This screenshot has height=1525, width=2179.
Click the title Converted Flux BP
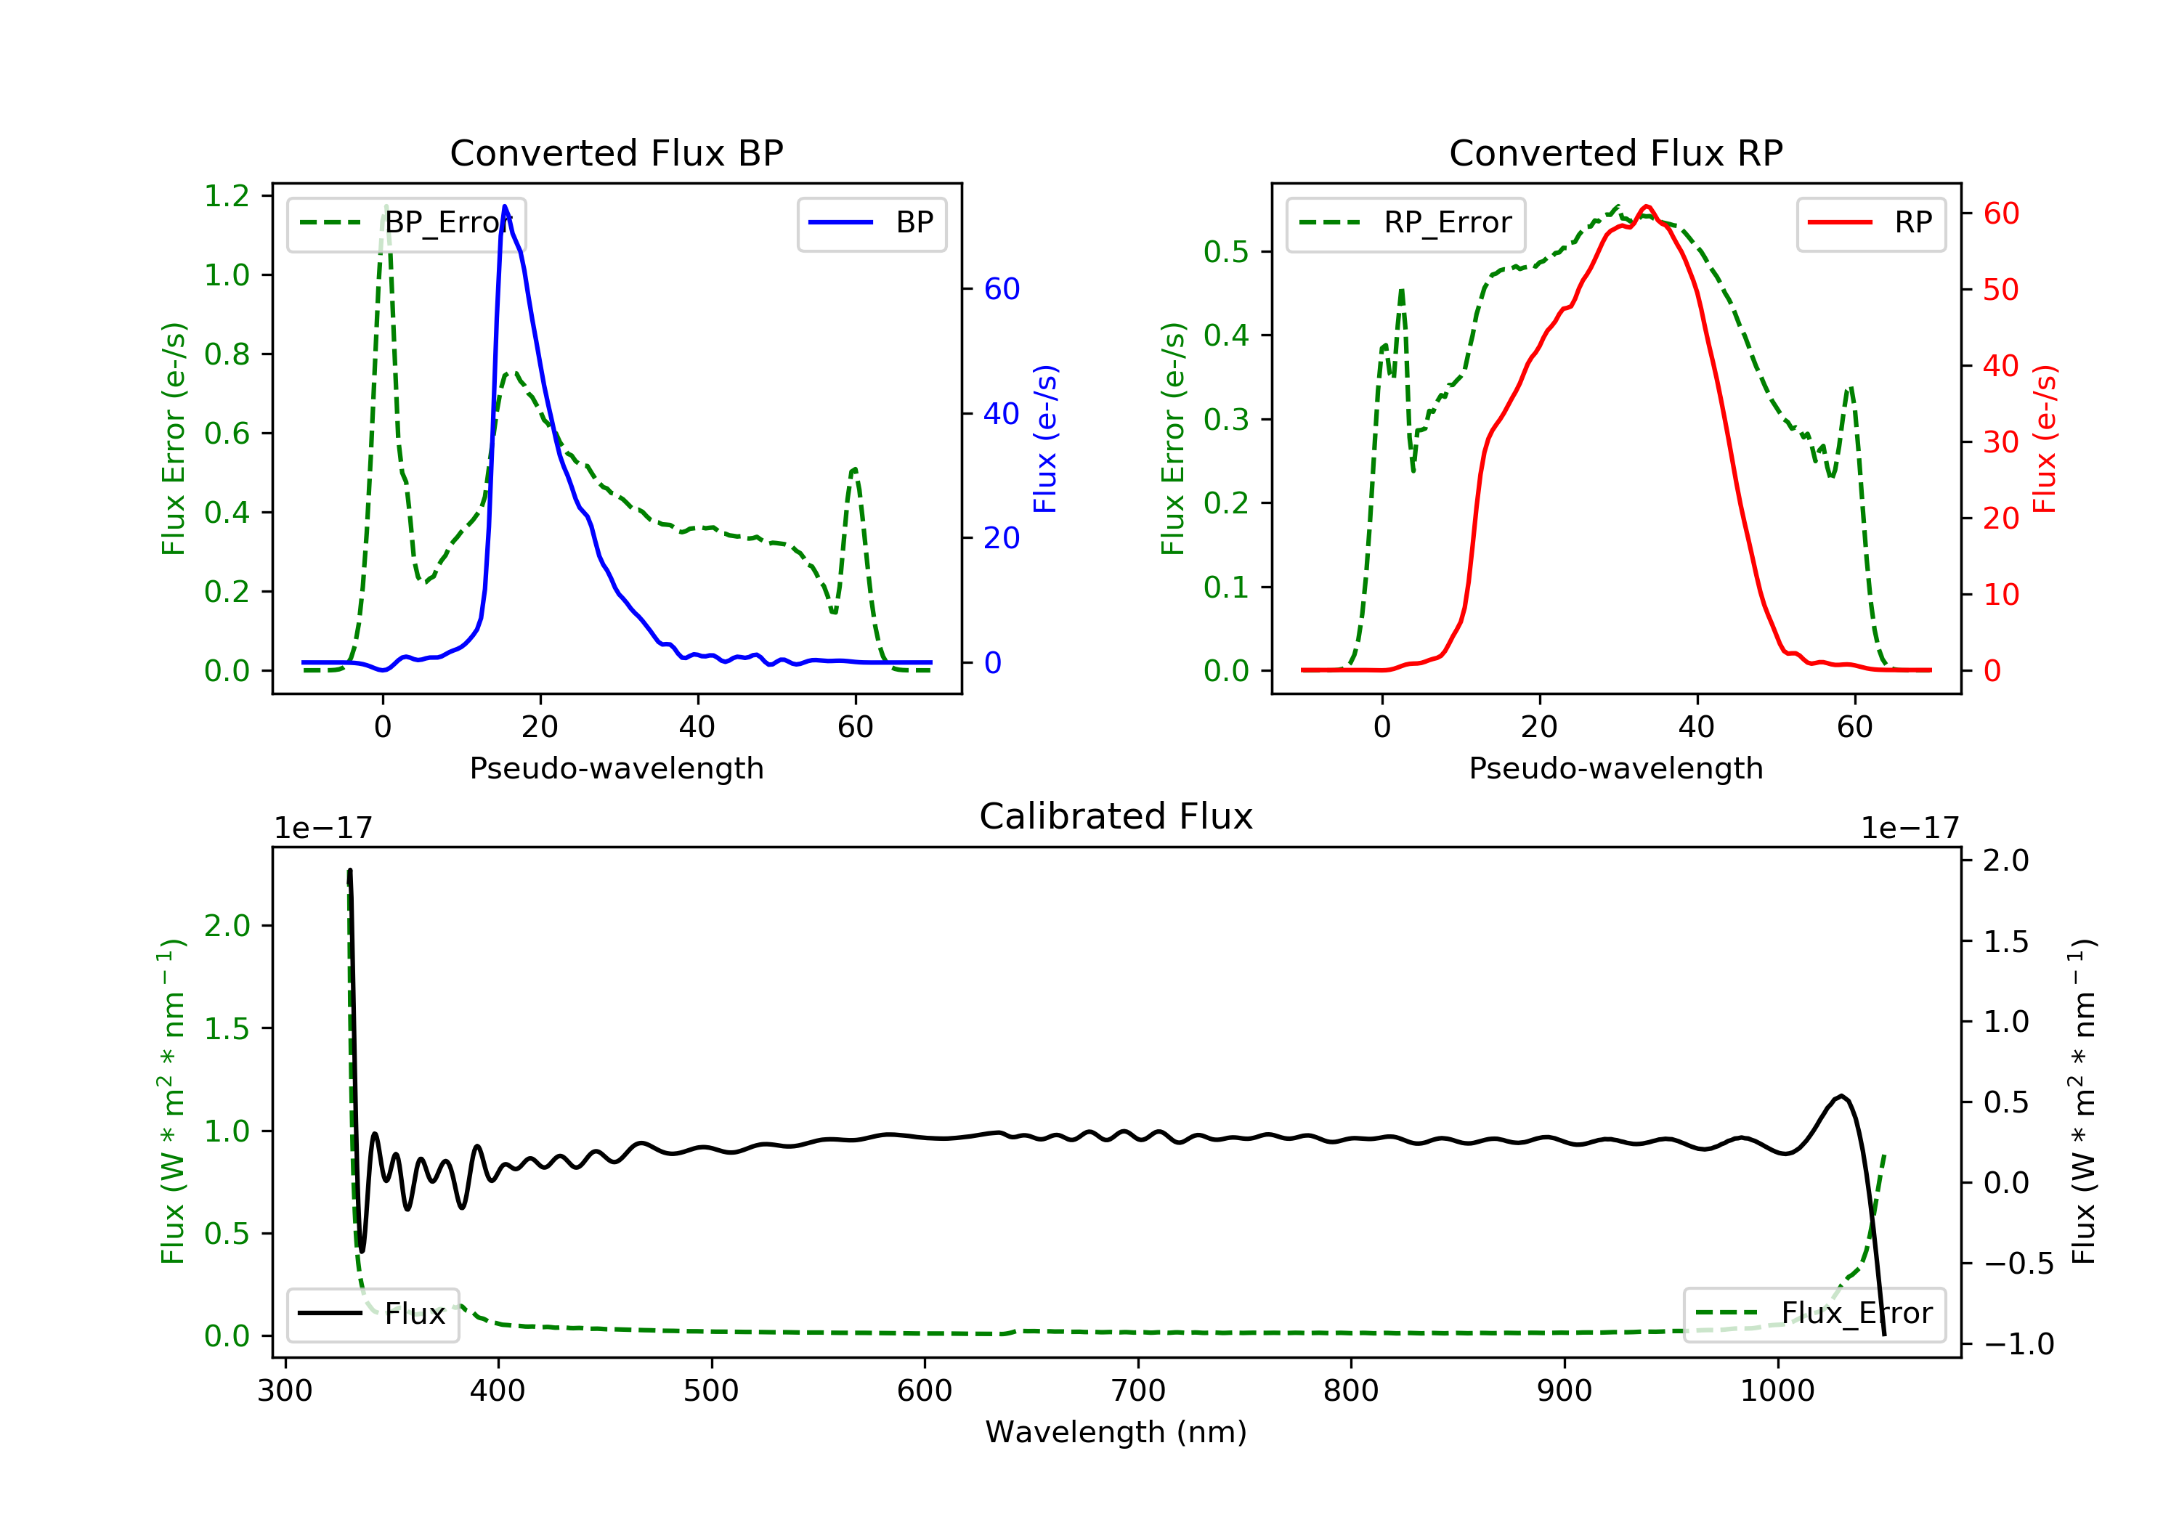(x=616, y=152)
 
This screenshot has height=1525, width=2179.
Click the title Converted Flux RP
(x=1615, y=152)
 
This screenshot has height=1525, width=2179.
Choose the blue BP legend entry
(x=871, y=223)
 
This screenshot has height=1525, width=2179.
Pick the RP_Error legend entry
(x=1405, y=223)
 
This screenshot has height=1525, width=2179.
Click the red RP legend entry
(x=1870, y=223)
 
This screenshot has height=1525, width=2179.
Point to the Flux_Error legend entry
(x=1814, y=1314)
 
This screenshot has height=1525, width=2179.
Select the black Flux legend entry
(x=373, y=1314)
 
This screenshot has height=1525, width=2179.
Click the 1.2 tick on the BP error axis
(x=227, y=197)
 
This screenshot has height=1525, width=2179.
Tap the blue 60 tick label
(x=1001, y=290)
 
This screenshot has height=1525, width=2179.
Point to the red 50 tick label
(x=2000, y=290)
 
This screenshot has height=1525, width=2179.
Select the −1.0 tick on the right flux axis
(x=2018, y=1345)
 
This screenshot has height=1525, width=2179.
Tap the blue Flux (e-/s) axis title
(x=1045, y=439)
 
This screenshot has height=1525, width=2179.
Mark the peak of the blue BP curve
(x=505, y=206)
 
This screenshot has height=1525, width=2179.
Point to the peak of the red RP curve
(x=1647, y=206)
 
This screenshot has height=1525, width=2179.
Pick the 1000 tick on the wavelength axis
(x=1777, y=1391)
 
